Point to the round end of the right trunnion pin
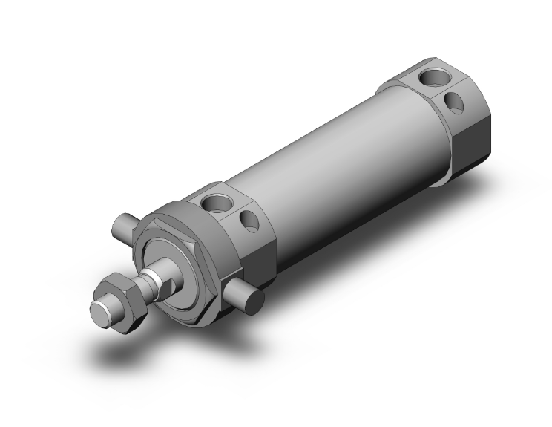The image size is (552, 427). tap(255, 301)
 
